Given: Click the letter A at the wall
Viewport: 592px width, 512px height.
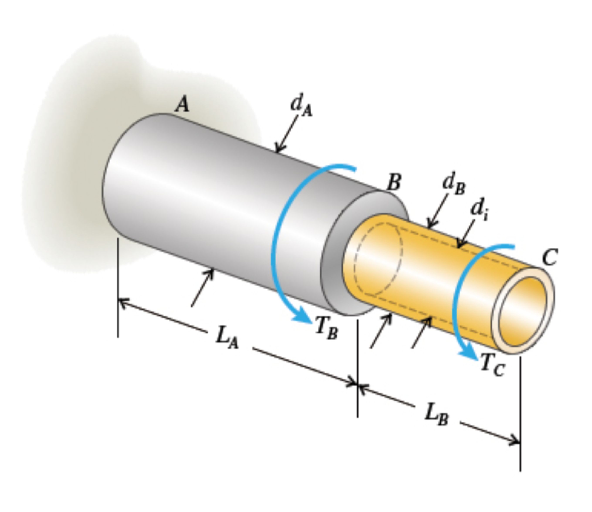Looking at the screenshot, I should pyautogui.click(x=182, y=104).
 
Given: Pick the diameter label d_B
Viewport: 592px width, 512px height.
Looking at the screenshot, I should pyautogui.click(x=454, y=185).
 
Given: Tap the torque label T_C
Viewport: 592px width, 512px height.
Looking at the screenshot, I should pyautogui.click(x=492, y=365).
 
